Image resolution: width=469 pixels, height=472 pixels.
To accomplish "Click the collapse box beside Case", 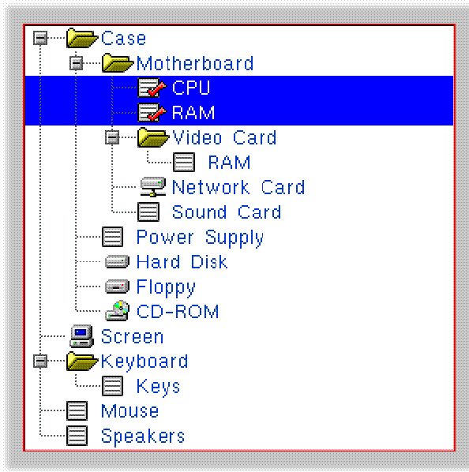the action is (40, 38).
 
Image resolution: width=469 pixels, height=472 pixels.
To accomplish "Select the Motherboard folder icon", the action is (118, 62).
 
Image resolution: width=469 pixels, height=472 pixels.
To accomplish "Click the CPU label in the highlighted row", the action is (191, 88).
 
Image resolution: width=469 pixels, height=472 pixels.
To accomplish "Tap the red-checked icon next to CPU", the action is (152, 88).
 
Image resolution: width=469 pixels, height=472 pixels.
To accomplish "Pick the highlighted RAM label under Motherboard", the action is (193, 113).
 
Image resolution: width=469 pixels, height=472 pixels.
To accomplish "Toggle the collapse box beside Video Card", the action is (112, 137).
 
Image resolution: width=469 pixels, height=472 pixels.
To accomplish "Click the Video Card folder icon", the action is (153, 137).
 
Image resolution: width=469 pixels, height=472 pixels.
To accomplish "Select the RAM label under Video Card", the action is (229, 163).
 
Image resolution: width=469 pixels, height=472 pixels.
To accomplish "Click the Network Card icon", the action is (153, 187).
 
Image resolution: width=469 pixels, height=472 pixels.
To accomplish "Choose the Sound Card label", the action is (227, 212).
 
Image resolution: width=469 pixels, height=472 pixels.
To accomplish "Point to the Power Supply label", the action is (200, 238).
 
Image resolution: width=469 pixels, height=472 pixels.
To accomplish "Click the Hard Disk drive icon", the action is (117, 261).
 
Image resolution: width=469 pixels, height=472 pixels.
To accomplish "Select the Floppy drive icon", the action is (117, 287).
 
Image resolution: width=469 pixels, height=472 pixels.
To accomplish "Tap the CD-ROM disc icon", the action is (118, 310).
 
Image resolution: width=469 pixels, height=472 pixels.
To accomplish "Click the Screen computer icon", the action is (81, 336).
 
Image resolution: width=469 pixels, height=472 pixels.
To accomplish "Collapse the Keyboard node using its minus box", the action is (40, 361).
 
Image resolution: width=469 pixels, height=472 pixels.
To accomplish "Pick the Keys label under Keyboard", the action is (159, 387).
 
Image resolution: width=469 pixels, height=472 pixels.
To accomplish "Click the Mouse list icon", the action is (77, 410).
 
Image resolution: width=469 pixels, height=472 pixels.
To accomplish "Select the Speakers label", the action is (143, 436).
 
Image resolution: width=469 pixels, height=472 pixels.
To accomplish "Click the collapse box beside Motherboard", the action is (76, 63).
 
